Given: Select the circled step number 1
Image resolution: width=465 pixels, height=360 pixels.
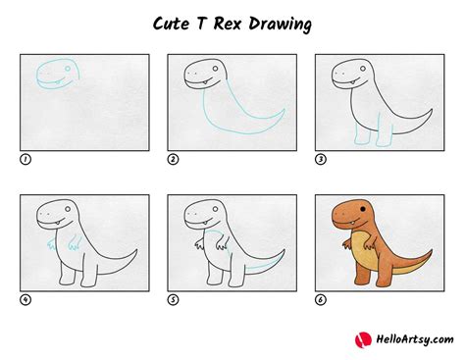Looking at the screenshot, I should click(24, 158).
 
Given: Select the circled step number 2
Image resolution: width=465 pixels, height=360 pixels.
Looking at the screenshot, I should click(172, 158).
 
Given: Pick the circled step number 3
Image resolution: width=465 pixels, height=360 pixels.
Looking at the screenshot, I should click(319, 158).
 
